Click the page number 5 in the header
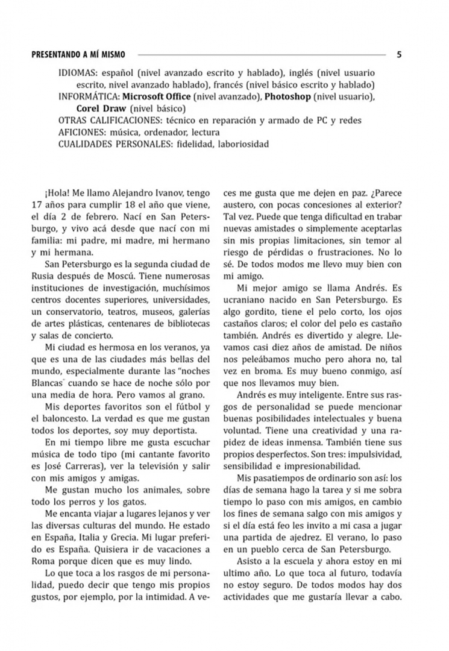(x=399, y=54)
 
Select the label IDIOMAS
(x=78, y=72)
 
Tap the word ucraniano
(x=247, y=300)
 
